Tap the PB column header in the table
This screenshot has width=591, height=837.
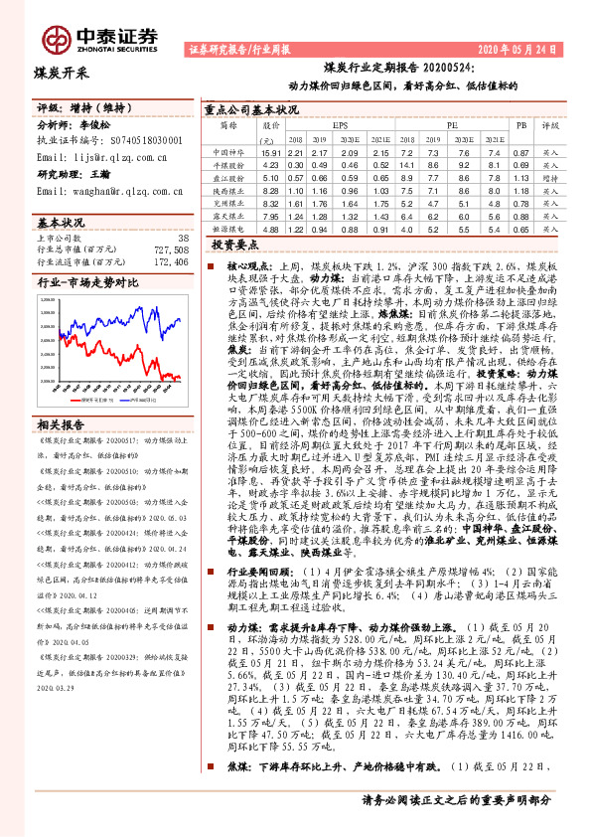click(x=519, y=127)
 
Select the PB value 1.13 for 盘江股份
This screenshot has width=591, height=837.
click(x=520, y=177)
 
